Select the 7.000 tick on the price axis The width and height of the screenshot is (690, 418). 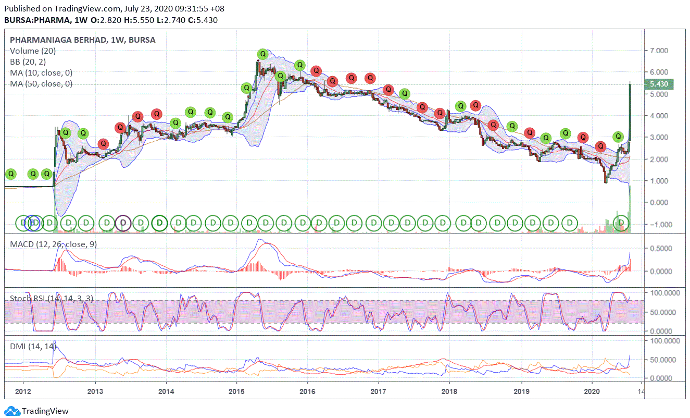(658, 51)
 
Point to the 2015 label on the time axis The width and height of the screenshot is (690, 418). (237, 390)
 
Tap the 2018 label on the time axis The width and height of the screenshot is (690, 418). (449, 390)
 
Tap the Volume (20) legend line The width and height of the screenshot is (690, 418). (33, 51)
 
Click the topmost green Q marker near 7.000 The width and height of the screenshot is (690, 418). (263, 54)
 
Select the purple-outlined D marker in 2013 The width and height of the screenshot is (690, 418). (123, 223)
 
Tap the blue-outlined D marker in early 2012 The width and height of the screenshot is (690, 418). (32, 223)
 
